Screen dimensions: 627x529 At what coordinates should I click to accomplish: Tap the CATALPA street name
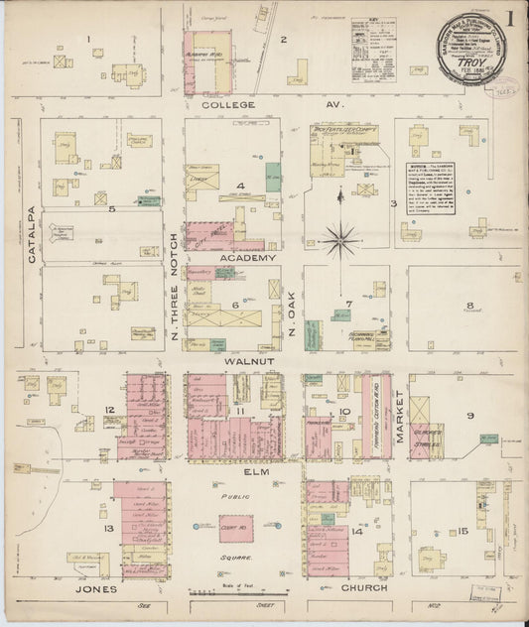point(33,234)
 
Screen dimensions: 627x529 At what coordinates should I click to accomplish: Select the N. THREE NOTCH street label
point(174,288)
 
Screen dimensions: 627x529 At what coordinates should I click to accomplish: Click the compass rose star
point(340,237)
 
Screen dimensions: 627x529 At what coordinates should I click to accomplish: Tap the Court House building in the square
point(235,531)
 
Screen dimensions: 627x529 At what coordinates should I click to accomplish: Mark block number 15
point(463,532)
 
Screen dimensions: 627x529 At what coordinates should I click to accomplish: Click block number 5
point(112,209)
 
